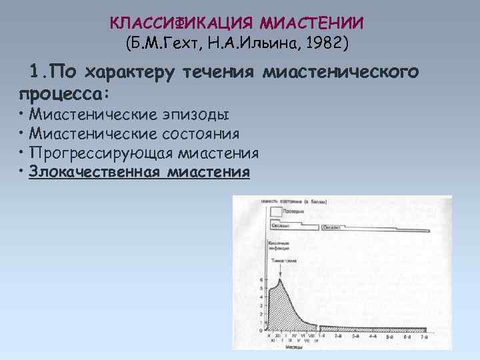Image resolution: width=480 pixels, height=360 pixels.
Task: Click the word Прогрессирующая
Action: [98, 153]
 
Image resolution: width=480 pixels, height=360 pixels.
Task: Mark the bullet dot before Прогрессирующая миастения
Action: [22, 153]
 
